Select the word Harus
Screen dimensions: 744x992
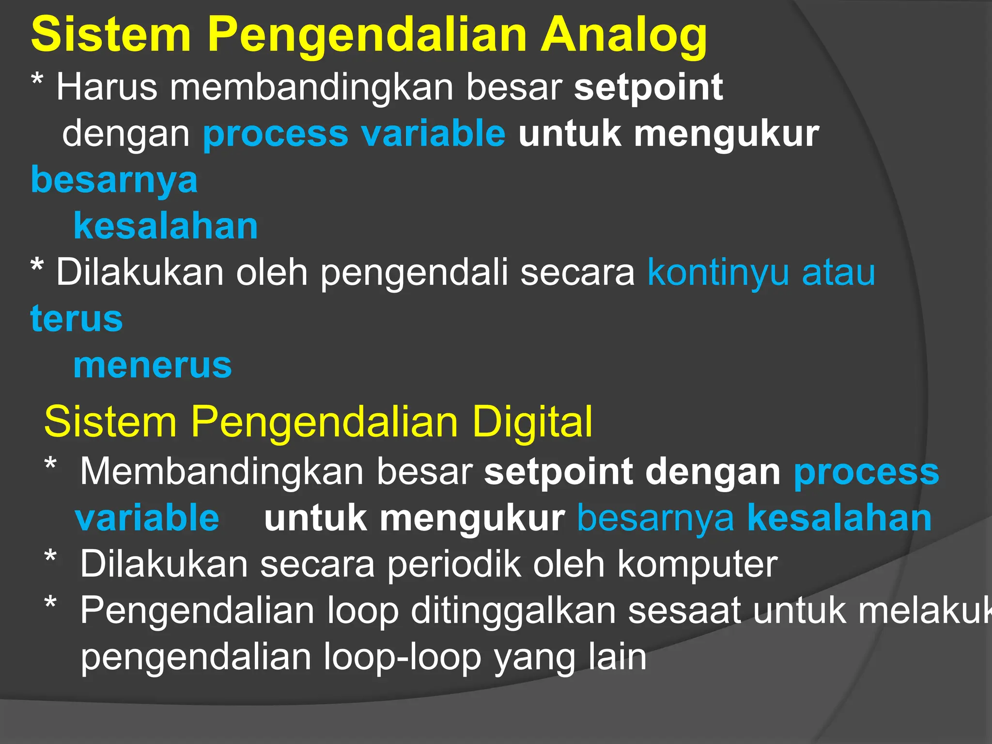107,87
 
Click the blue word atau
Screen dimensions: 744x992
838,273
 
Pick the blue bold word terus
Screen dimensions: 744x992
77,319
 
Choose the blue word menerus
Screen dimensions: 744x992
153,365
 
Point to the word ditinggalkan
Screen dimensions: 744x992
513,611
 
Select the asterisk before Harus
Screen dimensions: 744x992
37,80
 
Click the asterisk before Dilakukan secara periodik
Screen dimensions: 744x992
50,557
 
